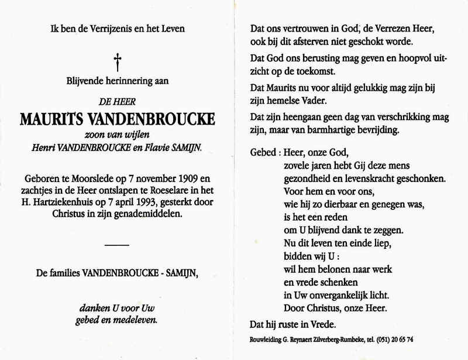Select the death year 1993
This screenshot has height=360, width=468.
139,203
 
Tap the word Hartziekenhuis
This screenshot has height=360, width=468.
68,203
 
